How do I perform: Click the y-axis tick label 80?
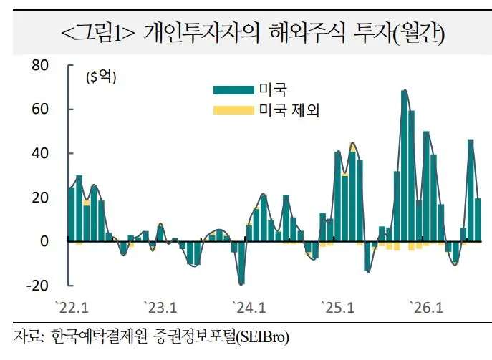coord(40,65)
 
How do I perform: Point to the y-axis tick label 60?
coord(40,109)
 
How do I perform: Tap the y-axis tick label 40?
coord(40,153)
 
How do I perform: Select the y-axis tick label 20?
coord(40,198)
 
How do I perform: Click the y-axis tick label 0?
coord(44,241)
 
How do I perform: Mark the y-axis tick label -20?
coord(38,286)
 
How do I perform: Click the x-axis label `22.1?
coord(72,308)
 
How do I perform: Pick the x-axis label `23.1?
coord(160,308)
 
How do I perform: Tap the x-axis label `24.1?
coord(249,308)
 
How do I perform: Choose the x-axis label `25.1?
coord(337,308)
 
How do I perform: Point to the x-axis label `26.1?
coord(426,308)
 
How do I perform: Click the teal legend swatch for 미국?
coord(233,90)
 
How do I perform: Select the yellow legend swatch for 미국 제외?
coord(233,110)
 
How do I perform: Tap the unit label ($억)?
coord(101,77)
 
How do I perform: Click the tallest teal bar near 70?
coord(404,166)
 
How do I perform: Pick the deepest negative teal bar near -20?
coord(241,263)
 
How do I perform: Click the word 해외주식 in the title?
coord(307,33)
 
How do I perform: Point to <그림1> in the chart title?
coord(97,33)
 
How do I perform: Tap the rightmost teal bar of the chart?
coord(478,220)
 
